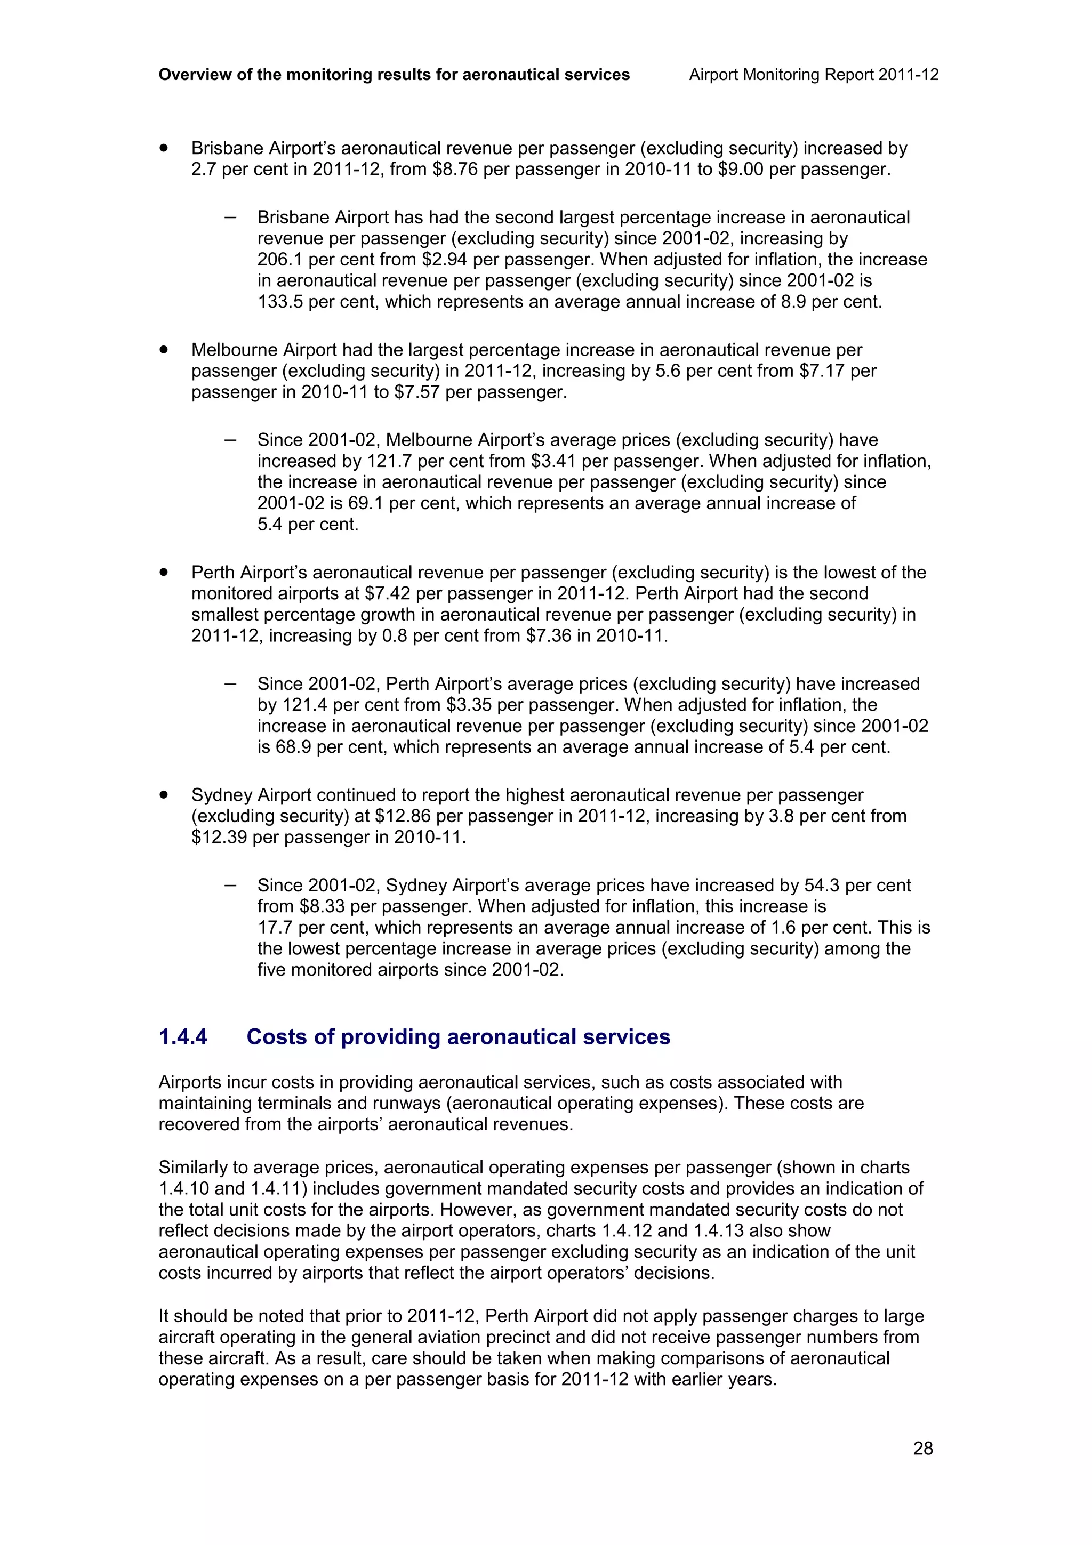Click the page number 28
(x=922, y=1449)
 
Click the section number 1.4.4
(x=182, y=1037)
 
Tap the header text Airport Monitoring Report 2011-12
(x=814, y=75)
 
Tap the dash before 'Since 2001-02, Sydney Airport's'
(x=230, y=886)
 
